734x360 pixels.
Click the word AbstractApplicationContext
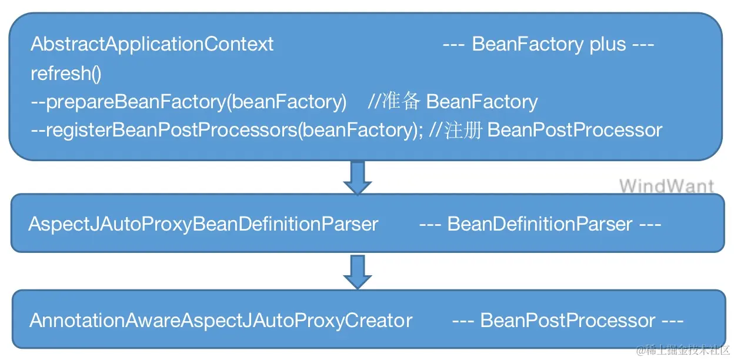152,44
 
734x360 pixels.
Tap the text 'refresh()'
66,73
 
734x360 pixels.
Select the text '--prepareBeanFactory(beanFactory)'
188,102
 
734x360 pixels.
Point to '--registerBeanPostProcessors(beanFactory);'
226,130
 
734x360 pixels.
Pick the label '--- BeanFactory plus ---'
548,44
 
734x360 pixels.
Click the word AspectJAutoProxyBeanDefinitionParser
203,224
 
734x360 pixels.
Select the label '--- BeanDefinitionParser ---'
540,224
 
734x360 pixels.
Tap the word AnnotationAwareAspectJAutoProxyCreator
221,321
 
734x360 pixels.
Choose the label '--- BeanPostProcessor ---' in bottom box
568,321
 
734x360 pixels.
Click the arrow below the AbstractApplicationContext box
357,177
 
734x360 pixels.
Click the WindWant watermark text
666,186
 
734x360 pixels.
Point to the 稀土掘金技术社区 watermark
682,350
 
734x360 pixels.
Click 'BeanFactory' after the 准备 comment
482,102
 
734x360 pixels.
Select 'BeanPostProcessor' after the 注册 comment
575,130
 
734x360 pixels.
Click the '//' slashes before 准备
374,102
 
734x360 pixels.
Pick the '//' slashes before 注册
436,130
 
